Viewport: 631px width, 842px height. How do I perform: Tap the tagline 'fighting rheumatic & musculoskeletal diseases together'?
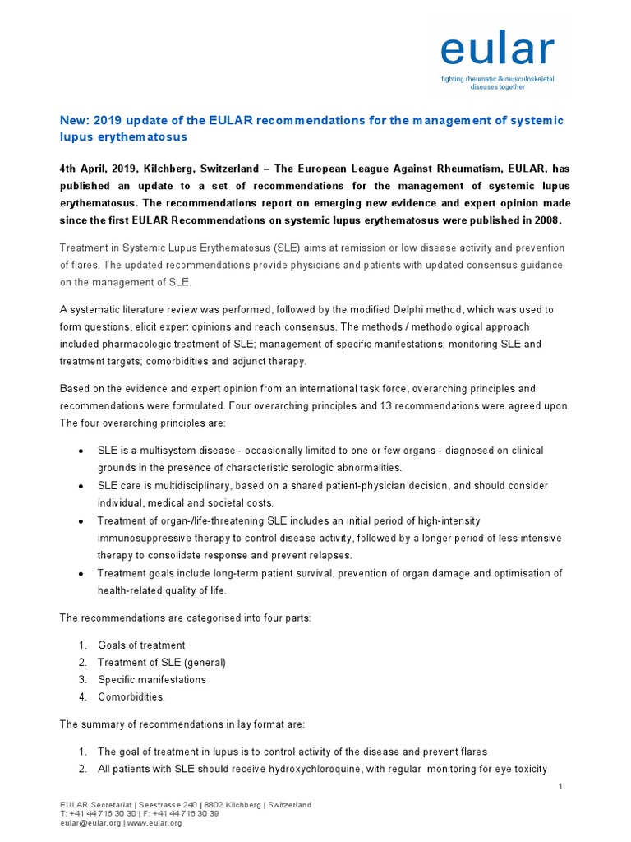(497, 82)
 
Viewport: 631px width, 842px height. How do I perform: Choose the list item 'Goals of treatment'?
(141, 645)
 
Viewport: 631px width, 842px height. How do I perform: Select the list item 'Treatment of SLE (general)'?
(161, 662)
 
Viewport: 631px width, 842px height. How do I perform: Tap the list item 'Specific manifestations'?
(152, 679)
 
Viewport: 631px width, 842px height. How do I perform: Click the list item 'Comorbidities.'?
(131, 696)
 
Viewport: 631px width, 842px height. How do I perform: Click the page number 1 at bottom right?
(560, 787)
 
